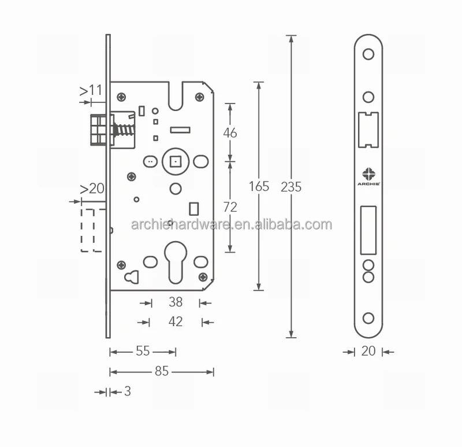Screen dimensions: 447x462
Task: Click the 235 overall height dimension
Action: click(291, 187)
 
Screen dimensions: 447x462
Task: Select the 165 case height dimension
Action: click(259, 186)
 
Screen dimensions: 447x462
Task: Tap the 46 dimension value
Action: click(230, 132)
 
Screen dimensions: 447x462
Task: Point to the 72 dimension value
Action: click(230, 206)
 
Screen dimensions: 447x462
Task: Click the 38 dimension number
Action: click(175, 302)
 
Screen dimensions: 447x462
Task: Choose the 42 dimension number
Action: click(175, 322)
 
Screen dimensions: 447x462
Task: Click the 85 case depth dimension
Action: click(161, 372)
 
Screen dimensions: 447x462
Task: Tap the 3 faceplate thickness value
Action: click(127, 391)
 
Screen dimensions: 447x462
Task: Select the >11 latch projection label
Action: click(91, 90)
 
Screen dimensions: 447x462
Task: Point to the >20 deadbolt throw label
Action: click(92, 189)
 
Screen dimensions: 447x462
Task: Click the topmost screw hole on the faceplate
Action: click(368, 54)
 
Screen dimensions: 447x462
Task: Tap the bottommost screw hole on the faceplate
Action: click(368, 317)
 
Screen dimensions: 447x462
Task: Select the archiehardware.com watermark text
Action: click(231, 225)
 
